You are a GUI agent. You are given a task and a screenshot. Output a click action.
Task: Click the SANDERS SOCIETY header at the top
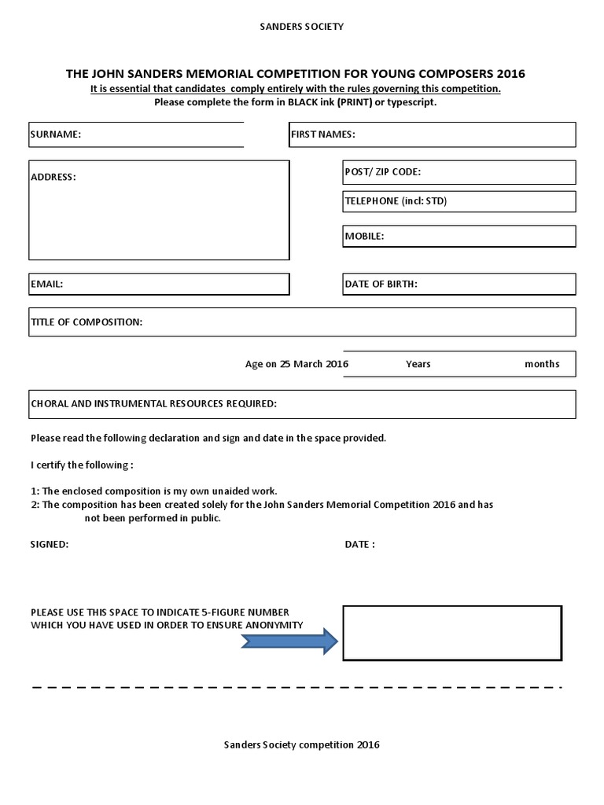(x=301, y=27)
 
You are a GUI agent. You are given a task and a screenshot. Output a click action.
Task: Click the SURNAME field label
(x=56, y=134)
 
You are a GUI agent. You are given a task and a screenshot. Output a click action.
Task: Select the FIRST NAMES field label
(x=323, y=134)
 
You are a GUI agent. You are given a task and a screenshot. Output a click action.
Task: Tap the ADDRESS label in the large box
(x=53, y=177)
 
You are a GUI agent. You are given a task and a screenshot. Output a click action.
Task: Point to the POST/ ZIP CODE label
(x=383, y=171)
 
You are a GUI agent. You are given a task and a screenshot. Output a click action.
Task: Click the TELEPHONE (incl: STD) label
(x=396, y=201)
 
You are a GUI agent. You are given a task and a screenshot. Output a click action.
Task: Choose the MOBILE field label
(x=364, y=236)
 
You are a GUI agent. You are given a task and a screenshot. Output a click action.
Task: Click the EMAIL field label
(x=46, y=284)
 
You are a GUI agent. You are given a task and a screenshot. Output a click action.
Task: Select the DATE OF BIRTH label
(x=381, y=284)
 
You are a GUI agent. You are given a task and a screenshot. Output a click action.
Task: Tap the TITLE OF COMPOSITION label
(x=87, y=322)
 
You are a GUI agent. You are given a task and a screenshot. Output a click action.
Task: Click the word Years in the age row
(x=418, y=364)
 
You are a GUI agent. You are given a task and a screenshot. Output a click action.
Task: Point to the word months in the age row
(x=542, y=364)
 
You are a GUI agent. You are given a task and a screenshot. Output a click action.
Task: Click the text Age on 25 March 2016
(x=296, y=364)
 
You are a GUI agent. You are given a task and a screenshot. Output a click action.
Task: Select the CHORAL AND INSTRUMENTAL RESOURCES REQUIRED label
(x=153, y=404)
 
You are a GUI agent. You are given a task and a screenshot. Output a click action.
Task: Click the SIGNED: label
(x=50, y=544)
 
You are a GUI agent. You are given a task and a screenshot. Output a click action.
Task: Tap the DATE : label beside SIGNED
(x=359, y=544)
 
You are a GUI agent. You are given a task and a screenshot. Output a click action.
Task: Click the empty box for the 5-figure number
(x=452, y=633)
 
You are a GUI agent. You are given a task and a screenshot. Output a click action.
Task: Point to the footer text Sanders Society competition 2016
(x=301, y=744)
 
